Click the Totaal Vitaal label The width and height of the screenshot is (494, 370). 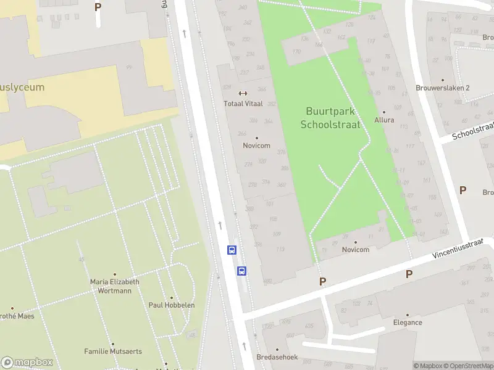[243, 104]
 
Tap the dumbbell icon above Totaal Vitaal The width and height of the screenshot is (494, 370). [243, 94]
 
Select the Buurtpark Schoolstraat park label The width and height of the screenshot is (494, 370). [330, 118]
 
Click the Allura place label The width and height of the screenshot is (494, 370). [384, 120]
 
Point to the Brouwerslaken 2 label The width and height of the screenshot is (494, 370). [443, 88]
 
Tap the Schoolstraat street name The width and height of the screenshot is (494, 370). [473, 131]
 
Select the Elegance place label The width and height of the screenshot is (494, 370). [408, 322]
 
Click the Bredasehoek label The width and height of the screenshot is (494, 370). [278, 357]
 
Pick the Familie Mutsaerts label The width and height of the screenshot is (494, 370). [113, 351]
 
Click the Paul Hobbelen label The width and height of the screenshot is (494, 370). [172, 305]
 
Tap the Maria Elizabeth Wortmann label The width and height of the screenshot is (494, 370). [115, 286]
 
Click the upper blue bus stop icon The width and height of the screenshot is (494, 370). [232, 250]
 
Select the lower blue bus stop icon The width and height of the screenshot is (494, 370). [242, 271]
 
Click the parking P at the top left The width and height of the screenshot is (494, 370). [98, 7]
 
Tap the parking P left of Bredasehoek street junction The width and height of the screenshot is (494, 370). [322, 281]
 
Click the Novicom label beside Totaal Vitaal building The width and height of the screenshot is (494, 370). [256, 146]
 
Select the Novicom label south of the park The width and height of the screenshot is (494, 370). [355, 250]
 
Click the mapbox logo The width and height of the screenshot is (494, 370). [27, 363]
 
